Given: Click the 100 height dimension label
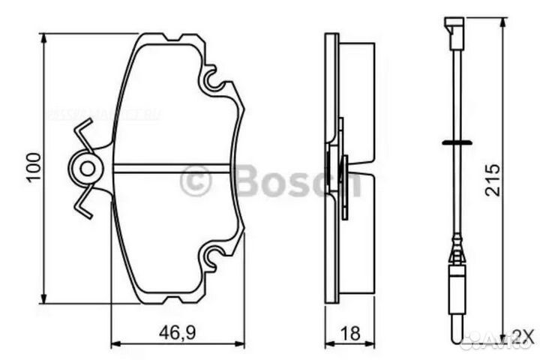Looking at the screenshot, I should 31,169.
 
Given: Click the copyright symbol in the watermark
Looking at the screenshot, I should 196,181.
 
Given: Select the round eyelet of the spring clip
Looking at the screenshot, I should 88,169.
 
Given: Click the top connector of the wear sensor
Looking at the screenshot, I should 454,28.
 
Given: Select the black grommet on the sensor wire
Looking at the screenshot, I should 455,142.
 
